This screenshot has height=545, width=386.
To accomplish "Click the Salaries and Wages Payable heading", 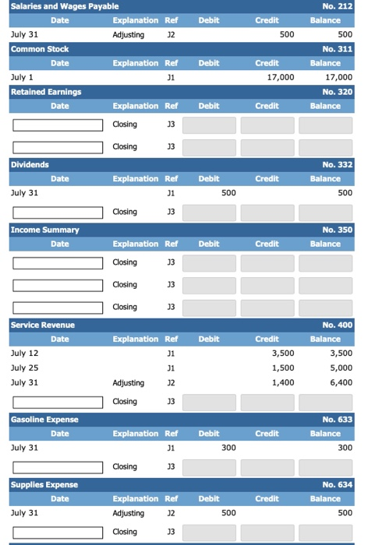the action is tap(54, 6).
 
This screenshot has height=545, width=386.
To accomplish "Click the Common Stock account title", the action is tap(40, 48).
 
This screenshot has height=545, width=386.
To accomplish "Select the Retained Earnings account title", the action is tap(46, 91).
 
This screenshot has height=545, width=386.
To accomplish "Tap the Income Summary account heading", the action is tap(44, 230).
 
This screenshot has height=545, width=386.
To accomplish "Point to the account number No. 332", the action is tap(337, 164).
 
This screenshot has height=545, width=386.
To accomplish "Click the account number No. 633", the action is tap(337, 420).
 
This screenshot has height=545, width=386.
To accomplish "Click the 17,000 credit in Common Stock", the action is tap(281, 77).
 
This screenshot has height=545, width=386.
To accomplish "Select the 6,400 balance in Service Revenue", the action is tap(341, 382).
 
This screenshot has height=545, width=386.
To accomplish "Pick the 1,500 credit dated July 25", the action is tap(282, 367).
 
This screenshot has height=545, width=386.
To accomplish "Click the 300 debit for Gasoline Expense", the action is tap(228, 448).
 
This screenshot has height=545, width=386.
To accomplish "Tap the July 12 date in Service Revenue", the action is tap(24, 353).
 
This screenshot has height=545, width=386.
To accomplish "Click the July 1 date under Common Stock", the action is tap(22, 77).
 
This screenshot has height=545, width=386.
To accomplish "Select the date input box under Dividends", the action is tap(57, 212).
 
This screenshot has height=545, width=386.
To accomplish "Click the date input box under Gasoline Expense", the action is tap(57, 467).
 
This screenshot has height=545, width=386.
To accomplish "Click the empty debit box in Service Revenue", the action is tap(207, 402).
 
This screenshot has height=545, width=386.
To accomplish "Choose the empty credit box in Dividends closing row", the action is tap(267, 212).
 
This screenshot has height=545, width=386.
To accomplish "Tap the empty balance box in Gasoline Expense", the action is tap(326, 467).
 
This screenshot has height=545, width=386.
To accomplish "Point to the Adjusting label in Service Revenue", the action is tap(128, 382).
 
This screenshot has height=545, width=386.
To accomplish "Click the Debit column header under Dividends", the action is tap(208, 178).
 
